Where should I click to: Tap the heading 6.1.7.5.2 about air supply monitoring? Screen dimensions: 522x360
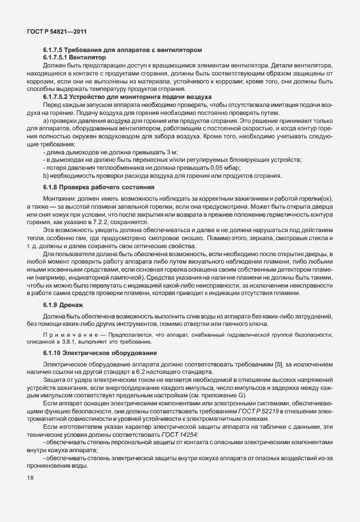pos(126,97)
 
